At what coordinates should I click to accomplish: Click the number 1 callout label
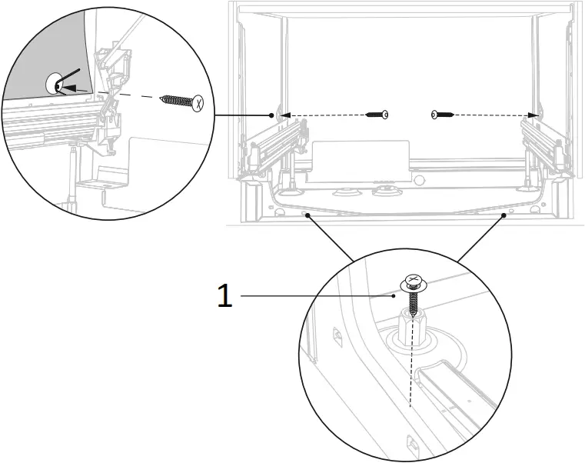point(224,295)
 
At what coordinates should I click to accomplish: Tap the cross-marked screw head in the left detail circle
point(199,102)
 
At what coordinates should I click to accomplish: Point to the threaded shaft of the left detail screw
point(176,100)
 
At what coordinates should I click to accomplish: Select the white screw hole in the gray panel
point(56,84)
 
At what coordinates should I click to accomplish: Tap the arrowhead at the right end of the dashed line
point(533,115)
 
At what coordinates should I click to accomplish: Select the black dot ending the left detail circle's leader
point(271,115)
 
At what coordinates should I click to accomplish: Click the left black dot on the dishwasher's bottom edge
point(307,216)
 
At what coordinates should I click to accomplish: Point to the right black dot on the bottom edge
point(504,216)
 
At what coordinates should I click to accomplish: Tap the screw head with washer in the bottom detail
point(412,282)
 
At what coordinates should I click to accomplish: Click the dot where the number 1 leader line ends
point(394,295)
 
